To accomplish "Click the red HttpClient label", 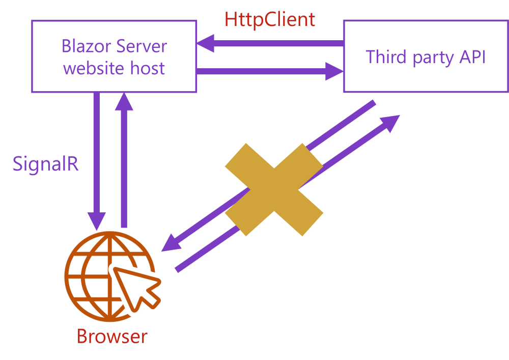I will coord(270,20).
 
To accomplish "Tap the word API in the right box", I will coord(472,57).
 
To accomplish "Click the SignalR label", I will coord(46,164).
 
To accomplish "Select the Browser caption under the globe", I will coord(112,337).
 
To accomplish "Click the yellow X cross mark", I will coord(274,189).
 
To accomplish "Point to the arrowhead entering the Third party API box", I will coord(335,71).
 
